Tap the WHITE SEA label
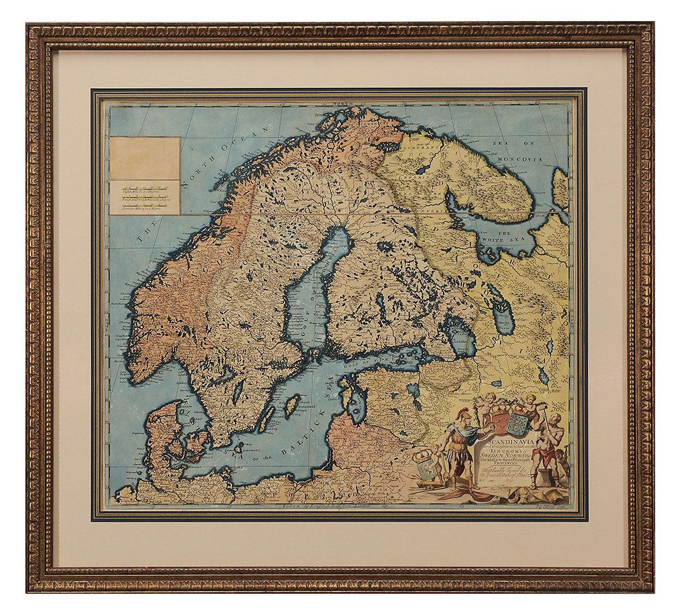pos(502,237)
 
